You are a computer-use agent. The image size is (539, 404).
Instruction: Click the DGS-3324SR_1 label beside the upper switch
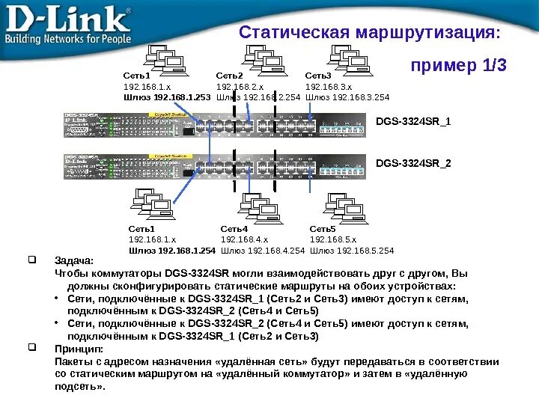[x=413, y=122]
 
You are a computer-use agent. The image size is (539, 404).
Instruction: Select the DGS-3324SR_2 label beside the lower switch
[x=413, y=162]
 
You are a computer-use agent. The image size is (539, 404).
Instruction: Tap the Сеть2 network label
[x=230, y=76]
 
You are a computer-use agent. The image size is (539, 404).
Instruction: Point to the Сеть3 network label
[x=318, y=76]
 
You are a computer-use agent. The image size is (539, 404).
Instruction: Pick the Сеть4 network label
[x=234, y=229]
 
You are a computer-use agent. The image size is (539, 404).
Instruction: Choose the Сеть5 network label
[x=323, y=229]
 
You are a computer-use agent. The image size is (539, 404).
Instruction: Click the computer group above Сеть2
[x=254, y=57]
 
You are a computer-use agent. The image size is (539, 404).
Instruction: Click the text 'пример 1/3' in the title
[x=459, y=67]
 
